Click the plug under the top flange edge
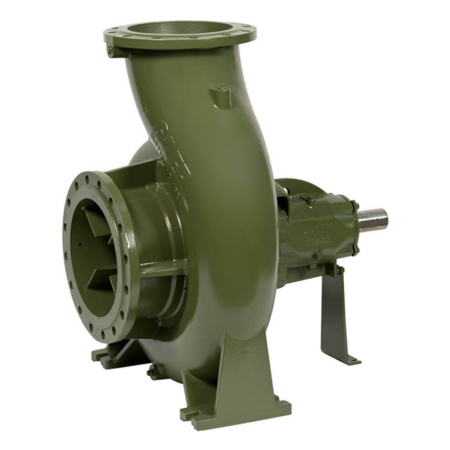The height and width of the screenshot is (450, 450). pos(111,51)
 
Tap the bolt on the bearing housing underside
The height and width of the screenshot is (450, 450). pos(317,254)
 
